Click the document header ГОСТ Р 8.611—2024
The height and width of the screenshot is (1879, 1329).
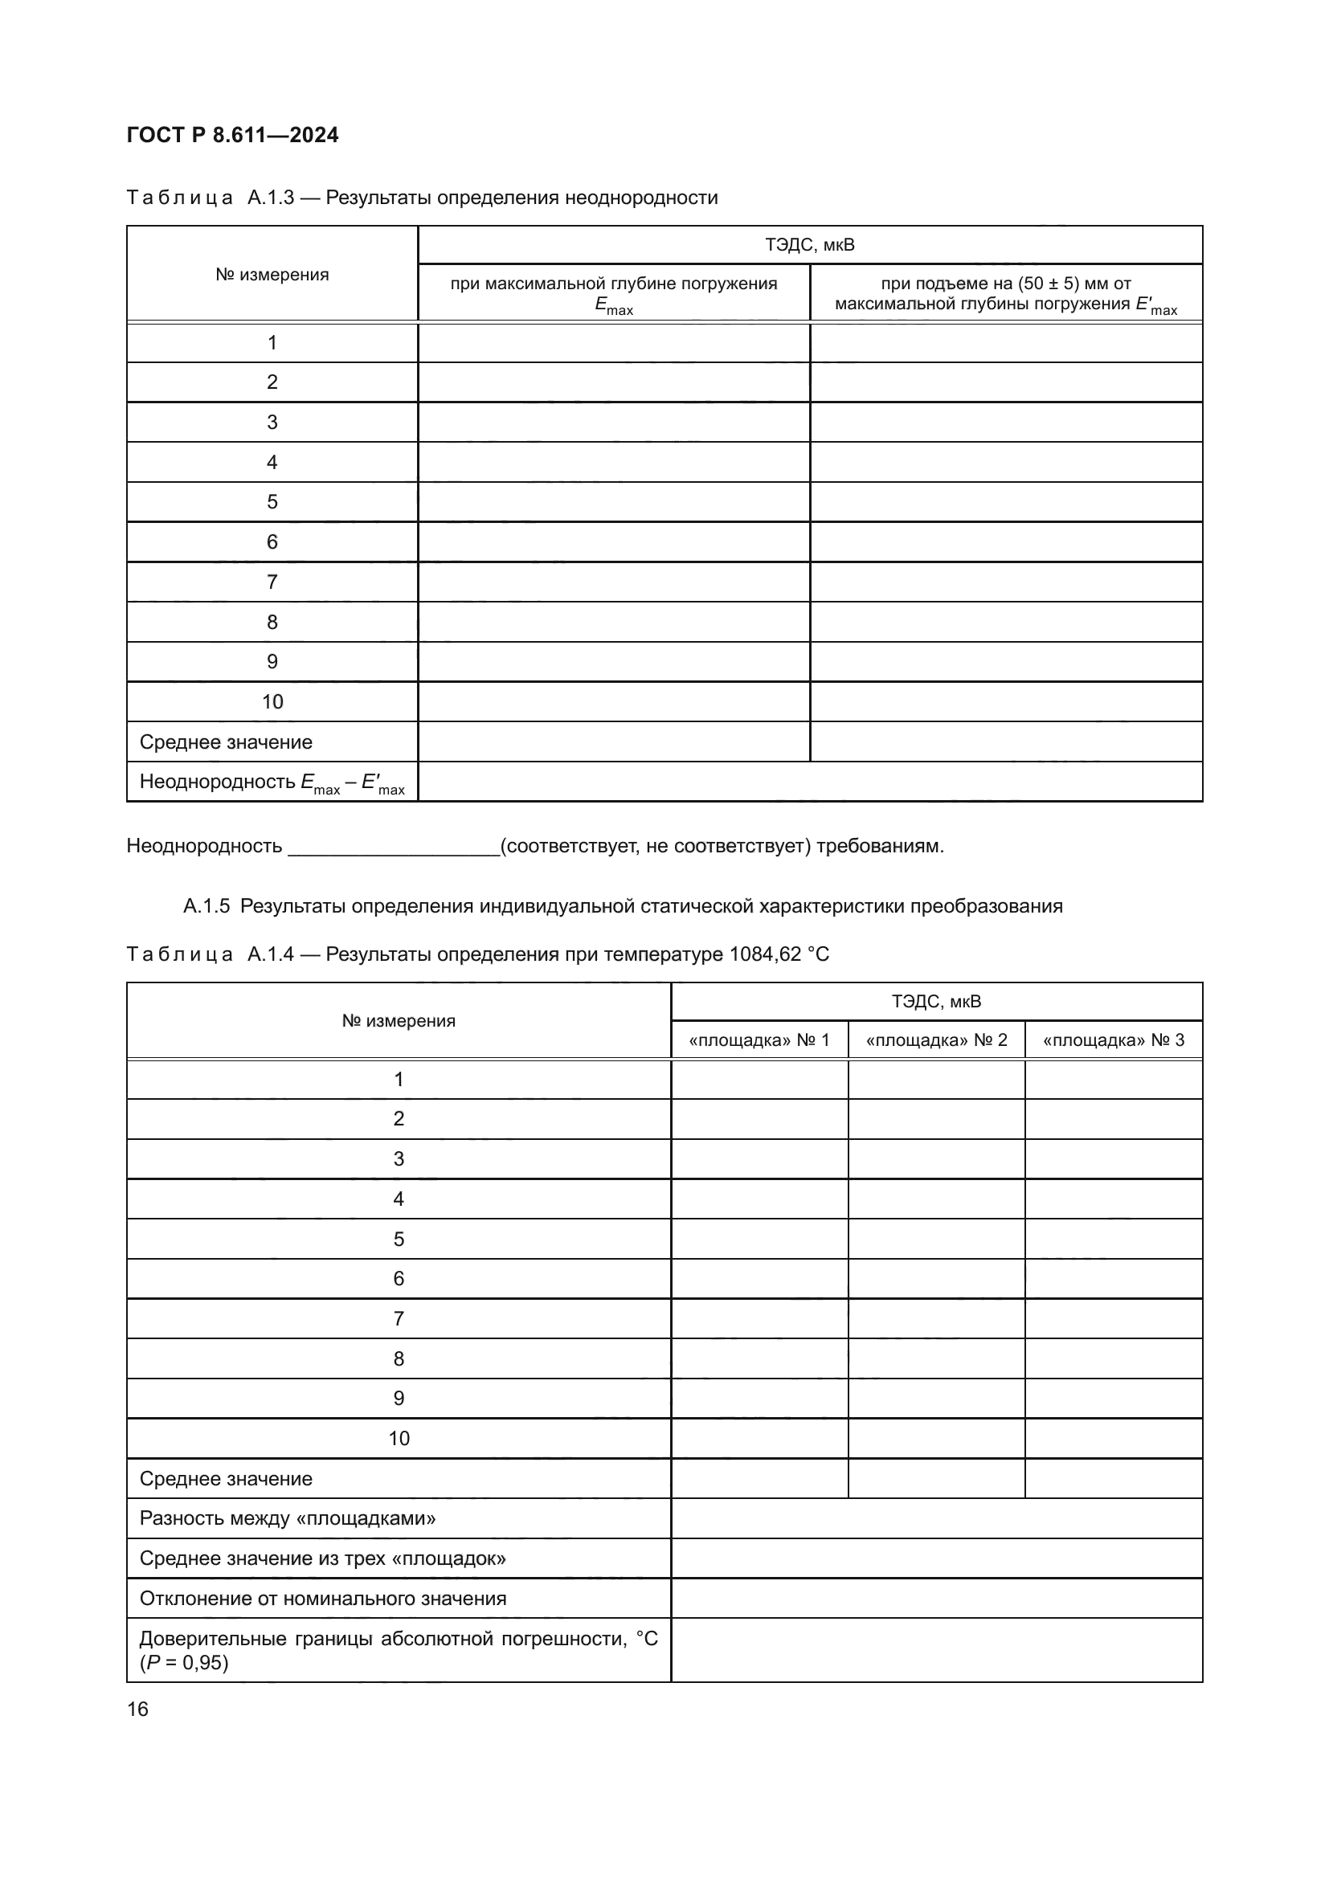pyautogui.click(x=232, y=135)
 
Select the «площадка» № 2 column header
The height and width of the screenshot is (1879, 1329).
pyautogui.click(x=936, y=1040)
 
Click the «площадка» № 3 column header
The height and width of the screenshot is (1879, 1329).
pyautogui.click(x=1113, y=1040)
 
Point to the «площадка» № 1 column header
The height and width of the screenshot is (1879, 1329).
pyautogui.click(x=759, y=1040)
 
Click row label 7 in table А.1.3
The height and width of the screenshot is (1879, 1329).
pyautogui.click(x=272, y=582)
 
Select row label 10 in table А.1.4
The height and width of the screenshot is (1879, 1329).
pyautogui.click(x=399, y=1439)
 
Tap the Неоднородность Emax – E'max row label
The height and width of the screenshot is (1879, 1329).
pyautogui.click(x=272, y=782)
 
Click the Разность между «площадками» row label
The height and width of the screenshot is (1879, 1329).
pyautogui.click(x=287, y=1519)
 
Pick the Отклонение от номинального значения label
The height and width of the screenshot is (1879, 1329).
pyautogui.click(x=322, y=1599)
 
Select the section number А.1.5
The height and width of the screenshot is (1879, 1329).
pyautogui.click(x=207, y=906)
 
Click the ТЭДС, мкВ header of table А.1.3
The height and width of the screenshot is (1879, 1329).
pyautogui.click(x=809, y=245)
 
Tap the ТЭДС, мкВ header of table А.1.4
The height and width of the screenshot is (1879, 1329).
pyautogui.click(x=936, y=1002)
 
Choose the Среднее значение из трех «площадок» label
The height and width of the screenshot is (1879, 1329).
pyautogui.click(x=322, y=1558)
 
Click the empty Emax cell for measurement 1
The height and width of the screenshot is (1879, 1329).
pyautogui.click(x=614, y=343)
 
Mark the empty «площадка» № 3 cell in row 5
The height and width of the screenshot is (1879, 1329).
pyautogui.click(x=1113, y=1239)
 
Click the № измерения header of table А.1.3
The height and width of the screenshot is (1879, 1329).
pyautogui.click(x=272, y=275)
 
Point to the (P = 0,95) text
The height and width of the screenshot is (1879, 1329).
pyautogui.click(x=184, y=1663)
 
